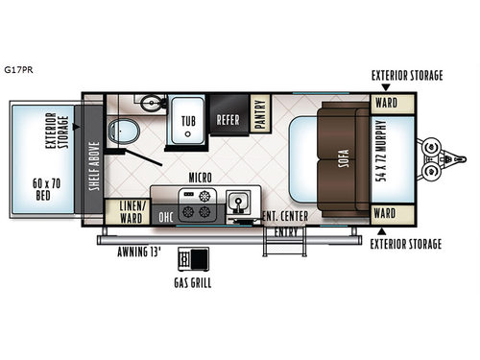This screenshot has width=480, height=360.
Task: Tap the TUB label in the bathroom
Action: pyautogui.click(x=189, y=122)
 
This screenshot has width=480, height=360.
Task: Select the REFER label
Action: pyautogui.click(x=228, y=121)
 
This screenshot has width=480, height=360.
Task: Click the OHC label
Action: pyautogui.click(x=165, y=216)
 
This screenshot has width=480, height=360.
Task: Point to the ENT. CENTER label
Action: pyautogui.click(x=285, y=216)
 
